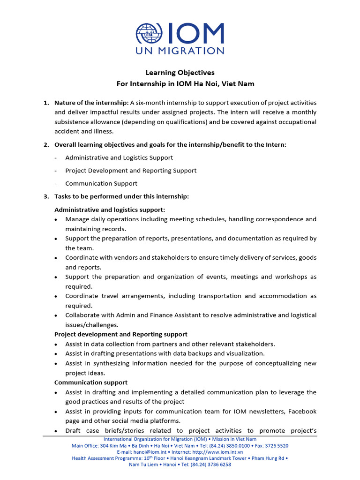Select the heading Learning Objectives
pos(180,73)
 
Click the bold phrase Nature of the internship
pos(91,103)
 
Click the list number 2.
pos(46,145)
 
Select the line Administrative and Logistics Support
pos(119,158)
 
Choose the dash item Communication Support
pos(101,184)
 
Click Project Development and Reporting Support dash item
pos(131,171)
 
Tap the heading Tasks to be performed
pos(121,196)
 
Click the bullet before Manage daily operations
pos(56,220)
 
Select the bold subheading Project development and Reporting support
pos(121,334)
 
